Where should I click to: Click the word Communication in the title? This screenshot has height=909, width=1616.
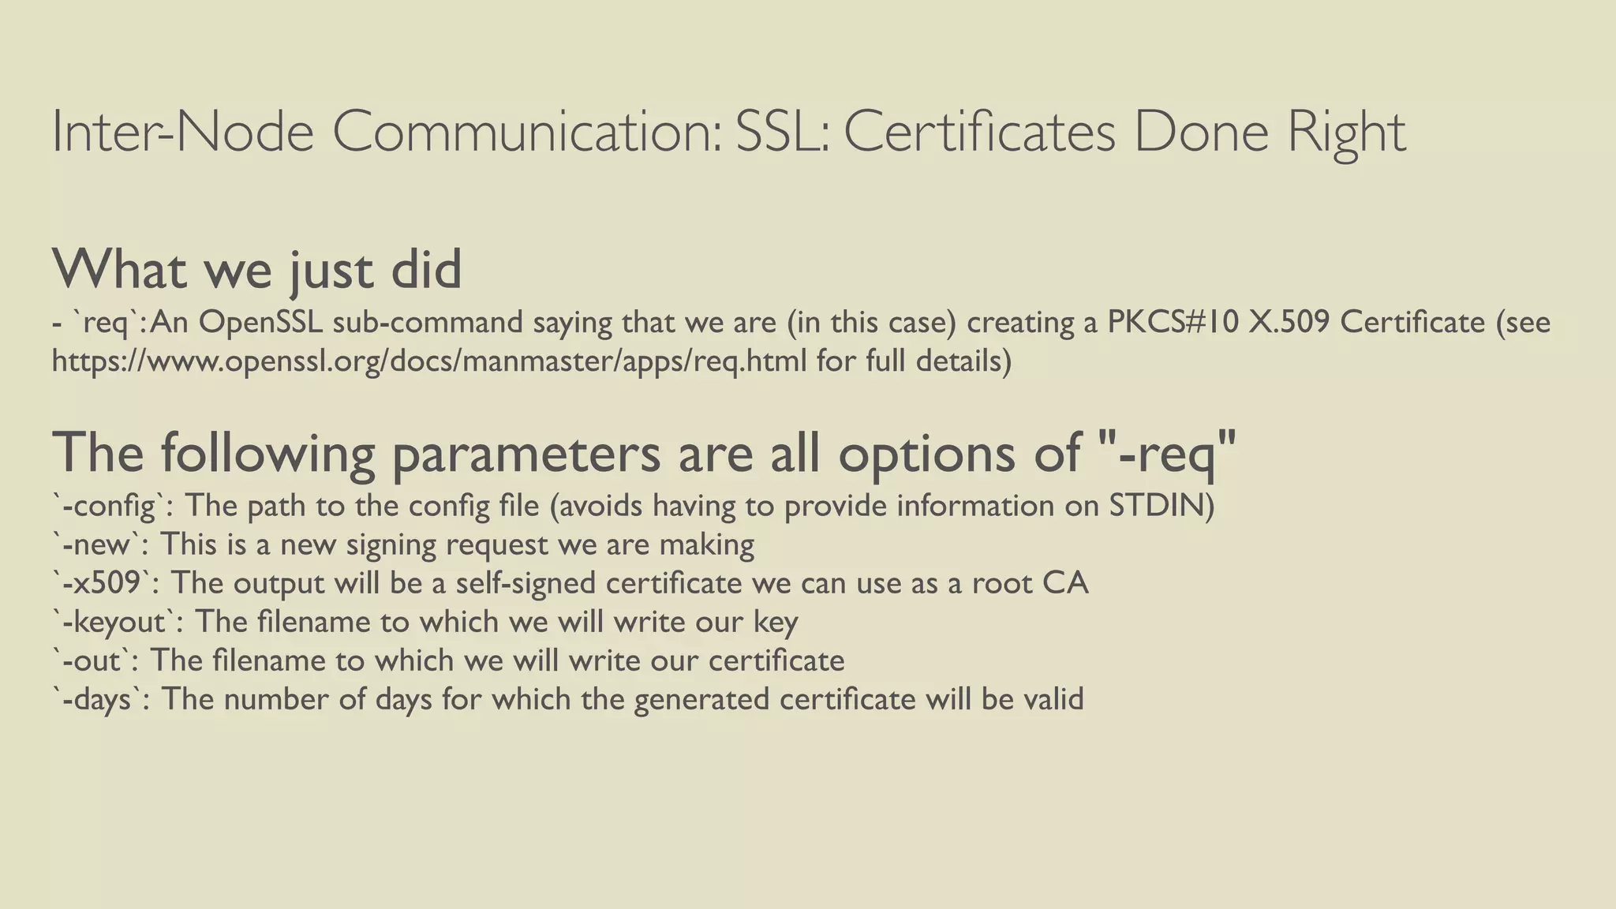[x=526, y=132]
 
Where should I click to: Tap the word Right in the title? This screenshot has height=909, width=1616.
[x=1346, y=132]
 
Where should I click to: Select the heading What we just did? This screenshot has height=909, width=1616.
[x=256, y=270]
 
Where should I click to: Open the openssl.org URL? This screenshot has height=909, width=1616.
[x=429, y=361]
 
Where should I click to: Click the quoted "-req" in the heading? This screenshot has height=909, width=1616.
[x=1166, y=454]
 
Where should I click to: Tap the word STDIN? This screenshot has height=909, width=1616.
[x=1161, y=505]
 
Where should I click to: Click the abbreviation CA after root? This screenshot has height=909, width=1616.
[x=1065, y=582]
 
